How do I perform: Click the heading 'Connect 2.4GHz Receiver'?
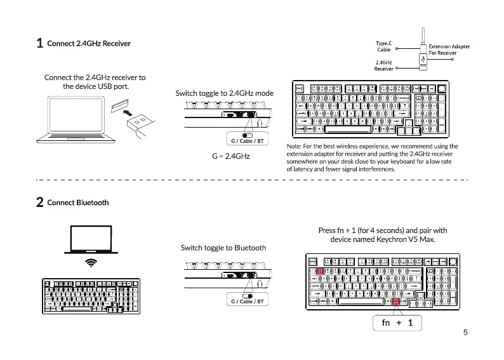click(89, 43)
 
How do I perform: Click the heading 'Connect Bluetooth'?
click(77, 203)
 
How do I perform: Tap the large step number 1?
click(39, 43)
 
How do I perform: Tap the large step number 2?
click(39, 203)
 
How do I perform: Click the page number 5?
click(465, 332)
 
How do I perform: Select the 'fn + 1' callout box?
click(397, 323)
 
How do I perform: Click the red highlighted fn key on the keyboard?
click(397, 302)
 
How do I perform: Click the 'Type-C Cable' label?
click(384, 46)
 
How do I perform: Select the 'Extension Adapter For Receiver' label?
click(449, 50)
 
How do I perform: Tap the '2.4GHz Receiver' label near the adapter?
click(383, 65)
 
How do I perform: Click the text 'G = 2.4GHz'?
click(231, 156)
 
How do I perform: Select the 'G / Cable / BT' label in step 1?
click(246, 140)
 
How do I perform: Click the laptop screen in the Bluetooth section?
click(92, 239)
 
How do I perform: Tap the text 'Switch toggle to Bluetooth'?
click(223, 248)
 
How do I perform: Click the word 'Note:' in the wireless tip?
click(295, 147)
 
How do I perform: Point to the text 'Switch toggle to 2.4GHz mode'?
click(224, 93)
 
